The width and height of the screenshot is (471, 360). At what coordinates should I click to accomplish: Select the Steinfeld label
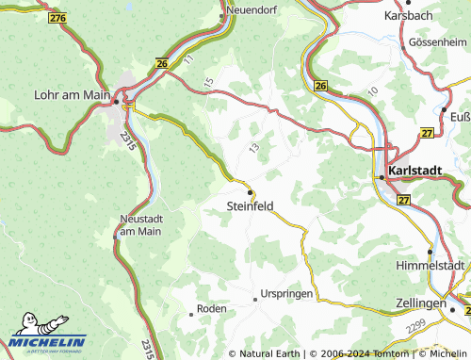[x=251, y=204]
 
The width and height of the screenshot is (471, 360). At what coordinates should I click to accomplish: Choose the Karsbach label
[x=407, y=16]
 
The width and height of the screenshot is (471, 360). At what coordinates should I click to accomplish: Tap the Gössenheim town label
[x=437, y=43]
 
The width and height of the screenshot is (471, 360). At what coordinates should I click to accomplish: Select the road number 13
[x=253, y=149]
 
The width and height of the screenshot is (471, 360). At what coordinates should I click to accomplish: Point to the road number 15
[x=208, y=72]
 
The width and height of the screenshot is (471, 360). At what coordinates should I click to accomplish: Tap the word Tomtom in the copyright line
[x=388, y=353]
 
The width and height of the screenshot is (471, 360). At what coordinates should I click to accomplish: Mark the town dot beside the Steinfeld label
[x=251, y=191]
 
